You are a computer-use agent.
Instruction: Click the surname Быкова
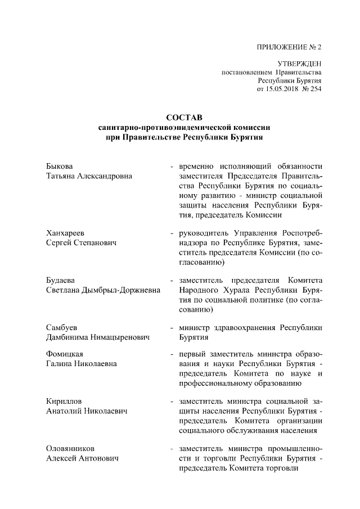click(x=60, y=167)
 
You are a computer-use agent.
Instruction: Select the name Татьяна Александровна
click(x=89, y=177)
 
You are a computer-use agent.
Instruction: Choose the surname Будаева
click(x=61, y=280)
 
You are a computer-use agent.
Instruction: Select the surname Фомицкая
click(x=65, y=354)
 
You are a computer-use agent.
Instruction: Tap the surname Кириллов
click(x=64, y=401)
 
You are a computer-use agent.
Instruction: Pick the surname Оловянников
click(x=70, y=449)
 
